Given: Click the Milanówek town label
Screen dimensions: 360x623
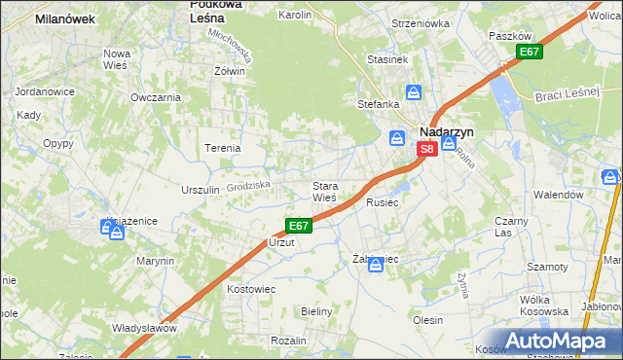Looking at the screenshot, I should pos(63,18).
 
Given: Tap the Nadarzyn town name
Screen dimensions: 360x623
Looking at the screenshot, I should pos(445,131).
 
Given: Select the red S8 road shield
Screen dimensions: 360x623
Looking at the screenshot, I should pos(426,150).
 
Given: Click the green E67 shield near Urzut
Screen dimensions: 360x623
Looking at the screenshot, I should pos(298,226).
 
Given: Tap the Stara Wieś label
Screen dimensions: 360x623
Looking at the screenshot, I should pos(324,192).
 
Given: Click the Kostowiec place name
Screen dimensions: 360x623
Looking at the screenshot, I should pos(252,290).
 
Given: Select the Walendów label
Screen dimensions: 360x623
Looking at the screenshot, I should pos(557,195).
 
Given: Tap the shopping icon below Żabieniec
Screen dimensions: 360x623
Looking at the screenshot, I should pos(376,264).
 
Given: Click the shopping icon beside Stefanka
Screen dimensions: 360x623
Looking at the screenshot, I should pos(414,92).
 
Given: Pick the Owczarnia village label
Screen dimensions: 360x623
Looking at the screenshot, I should pos(156,97).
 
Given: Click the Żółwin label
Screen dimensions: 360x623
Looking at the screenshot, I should pos(229,71).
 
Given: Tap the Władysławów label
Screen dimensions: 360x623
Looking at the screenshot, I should pos(143,328).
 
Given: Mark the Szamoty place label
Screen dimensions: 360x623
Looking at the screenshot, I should pos(547,267).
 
